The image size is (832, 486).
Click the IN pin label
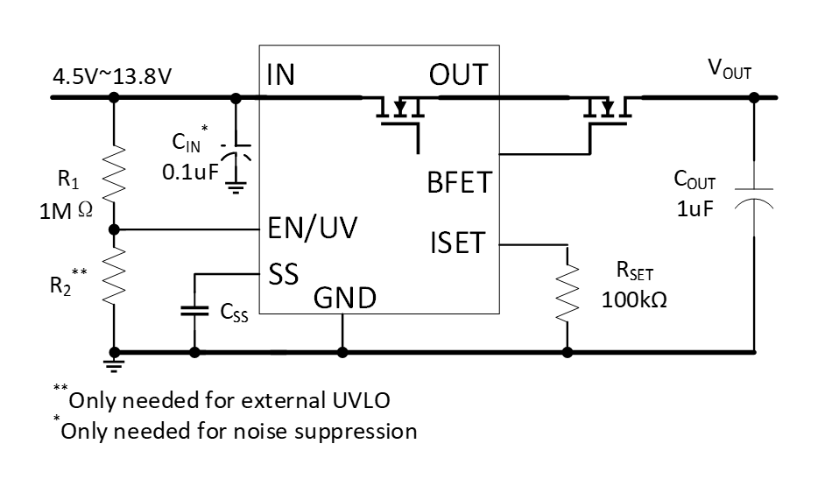click(281, 76)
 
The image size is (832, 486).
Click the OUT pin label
click(458, 76)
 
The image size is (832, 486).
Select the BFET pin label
click(459, 184)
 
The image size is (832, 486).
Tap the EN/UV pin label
click(312, 229)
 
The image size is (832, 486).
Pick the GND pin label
click(345, 299)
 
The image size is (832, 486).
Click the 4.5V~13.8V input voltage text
click(112, 76)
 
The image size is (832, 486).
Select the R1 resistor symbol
click(114, 173)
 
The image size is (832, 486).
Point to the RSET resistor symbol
click(568, 289)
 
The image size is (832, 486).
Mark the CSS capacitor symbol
click(194, 310)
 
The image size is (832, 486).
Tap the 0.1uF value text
click(189, 173)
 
